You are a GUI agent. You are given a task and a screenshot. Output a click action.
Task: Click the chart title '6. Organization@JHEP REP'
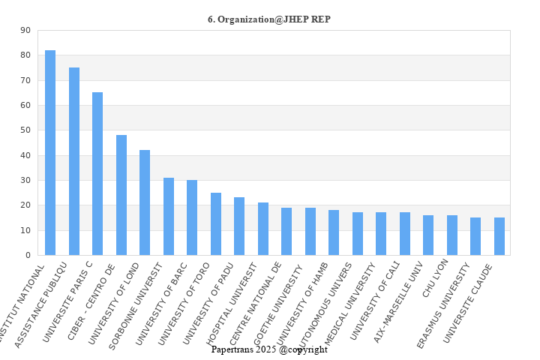pyautogui.click(x=269, y=19)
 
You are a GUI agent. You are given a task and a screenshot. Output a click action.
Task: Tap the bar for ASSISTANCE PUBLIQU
pyautogui.click(x=74, y=161)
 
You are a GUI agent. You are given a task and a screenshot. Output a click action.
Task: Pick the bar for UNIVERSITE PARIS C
pyautogui.click(x=97, y=174)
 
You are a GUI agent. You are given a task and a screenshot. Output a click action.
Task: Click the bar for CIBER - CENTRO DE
pyautogui.click(x=121, y=195)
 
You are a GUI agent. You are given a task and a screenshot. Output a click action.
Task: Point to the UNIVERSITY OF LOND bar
pyautogui.click(x=145, y=202)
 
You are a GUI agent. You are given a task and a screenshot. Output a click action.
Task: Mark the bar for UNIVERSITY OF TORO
pyautogui.click(x=216, y=223)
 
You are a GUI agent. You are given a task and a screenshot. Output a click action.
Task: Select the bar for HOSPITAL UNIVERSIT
pyautogui.click(x=263, y=229)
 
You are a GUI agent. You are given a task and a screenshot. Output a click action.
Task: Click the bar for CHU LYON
pyautogui.click(x=452, y=235)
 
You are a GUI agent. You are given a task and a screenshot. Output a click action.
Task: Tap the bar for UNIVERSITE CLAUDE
pyautogui.click(x=499, y=236)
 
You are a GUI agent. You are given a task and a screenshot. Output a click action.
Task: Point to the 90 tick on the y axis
pyautogui.click(x=25, y=30)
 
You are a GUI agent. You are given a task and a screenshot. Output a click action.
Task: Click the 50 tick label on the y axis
pyautogui.click(x=25, y=130)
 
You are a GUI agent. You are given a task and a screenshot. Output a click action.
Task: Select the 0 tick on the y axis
pyautogui.click(x=28, y=255)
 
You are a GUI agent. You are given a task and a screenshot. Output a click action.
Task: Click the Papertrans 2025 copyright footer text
pyautogui.click(x=269, y=349)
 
